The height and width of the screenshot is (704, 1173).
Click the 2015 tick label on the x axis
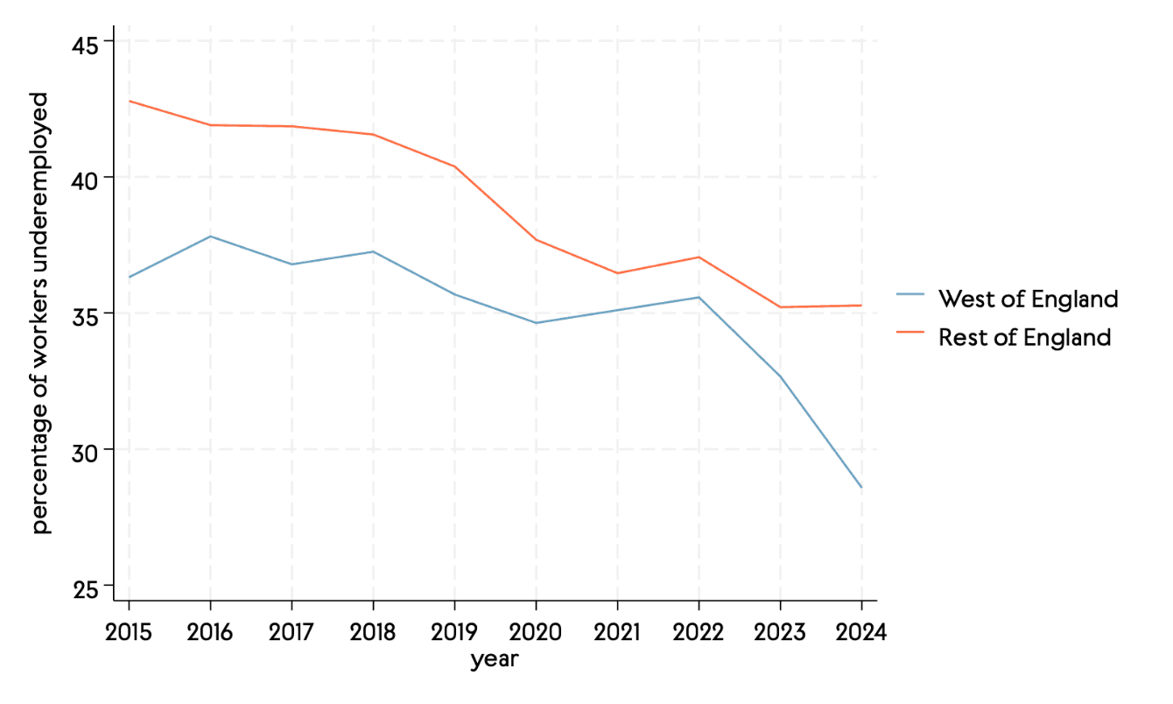(129, 632)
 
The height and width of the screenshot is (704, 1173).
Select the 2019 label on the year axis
(454, 632)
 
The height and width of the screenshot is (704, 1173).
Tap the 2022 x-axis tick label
(699, 632)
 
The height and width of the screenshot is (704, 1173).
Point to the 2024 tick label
(861, 632)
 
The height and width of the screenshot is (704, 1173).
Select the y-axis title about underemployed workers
(41, 313)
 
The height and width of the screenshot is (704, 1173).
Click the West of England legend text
(1028, 299)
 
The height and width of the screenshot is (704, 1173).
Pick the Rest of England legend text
(1024, 337)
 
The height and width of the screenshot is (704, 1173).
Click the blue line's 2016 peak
(210, 236)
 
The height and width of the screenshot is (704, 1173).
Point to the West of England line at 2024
(861, 488)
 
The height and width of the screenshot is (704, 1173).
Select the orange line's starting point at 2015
(130, 101)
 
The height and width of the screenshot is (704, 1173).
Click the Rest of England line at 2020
(536, 240)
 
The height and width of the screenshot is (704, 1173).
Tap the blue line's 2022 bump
(699, 298)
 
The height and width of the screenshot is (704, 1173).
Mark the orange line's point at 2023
(780, 307)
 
